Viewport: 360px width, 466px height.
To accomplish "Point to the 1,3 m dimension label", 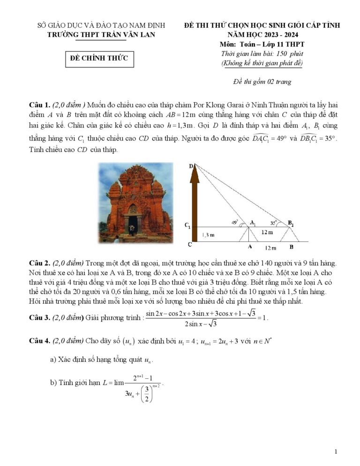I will click(208, 234).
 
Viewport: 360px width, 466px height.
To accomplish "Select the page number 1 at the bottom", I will click(336, 451).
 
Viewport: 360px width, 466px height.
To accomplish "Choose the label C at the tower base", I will click(189, 244).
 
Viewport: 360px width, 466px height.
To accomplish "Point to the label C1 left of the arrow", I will click(188, 226).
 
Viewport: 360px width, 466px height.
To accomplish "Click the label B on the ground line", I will click(291, 247).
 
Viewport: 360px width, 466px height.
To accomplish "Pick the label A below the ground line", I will click(249, 247).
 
